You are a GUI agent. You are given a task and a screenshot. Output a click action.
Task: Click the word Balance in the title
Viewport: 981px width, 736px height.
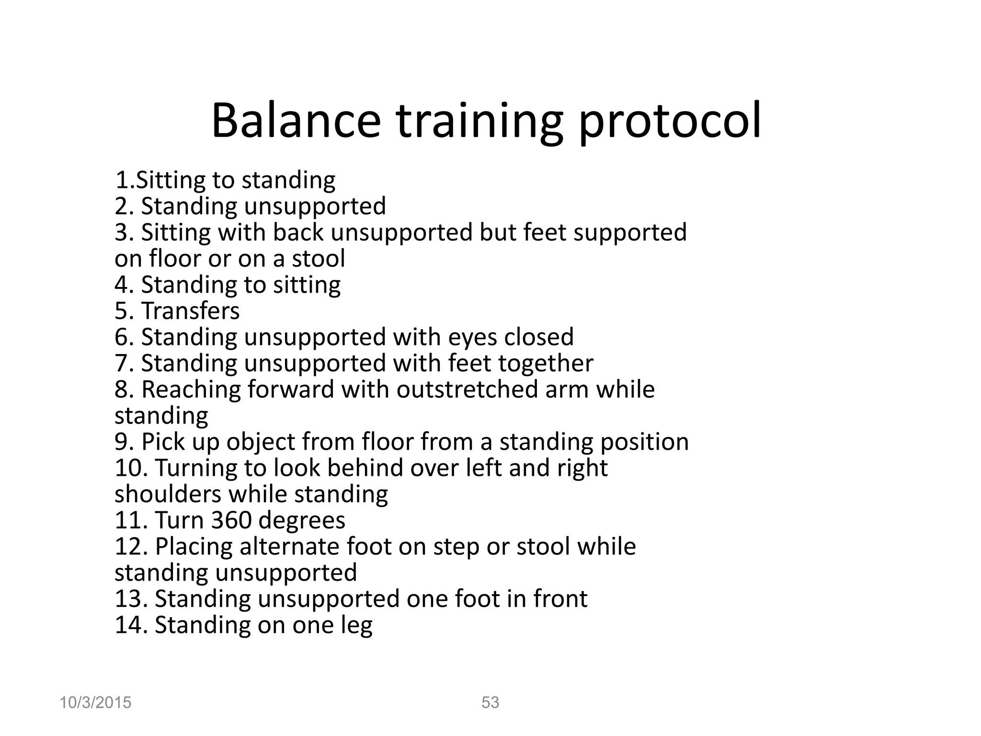coord(296,121)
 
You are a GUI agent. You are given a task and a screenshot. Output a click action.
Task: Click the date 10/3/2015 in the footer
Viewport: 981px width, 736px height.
coord(95,702)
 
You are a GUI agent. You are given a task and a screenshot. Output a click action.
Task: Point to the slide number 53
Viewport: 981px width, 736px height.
coord(490,702)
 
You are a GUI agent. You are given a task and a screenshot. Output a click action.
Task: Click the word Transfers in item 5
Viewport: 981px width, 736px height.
coord(190,310)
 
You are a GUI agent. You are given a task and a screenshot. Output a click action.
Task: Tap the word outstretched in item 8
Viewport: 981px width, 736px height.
coord(467,389)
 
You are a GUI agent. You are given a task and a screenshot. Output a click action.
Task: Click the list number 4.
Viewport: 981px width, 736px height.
coord(122,285)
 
